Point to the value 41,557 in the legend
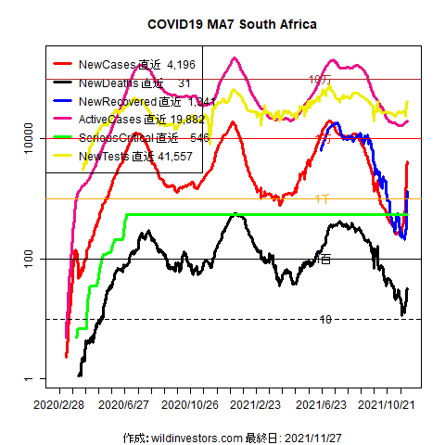point(175,157)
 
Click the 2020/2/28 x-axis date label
point(59,405)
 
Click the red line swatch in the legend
point(64,66)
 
